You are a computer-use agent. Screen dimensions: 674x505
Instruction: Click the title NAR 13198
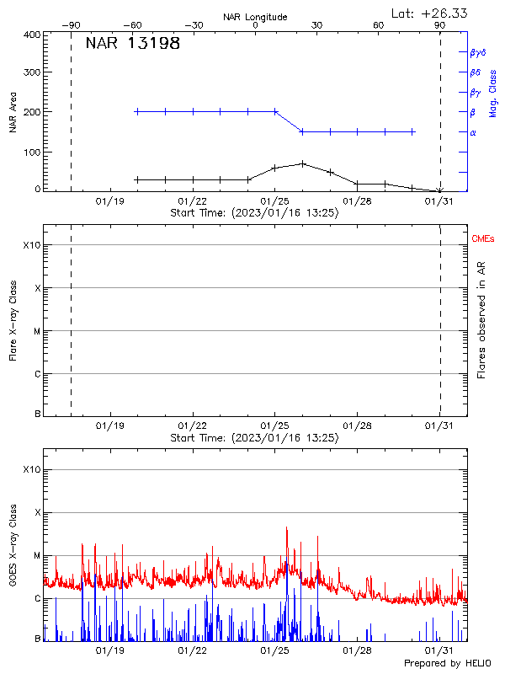click(x=133, y=44)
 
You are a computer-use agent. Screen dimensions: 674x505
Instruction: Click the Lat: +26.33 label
click(x=430, y=13)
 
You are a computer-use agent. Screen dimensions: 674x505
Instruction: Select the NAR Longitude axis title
click(x=255, y=17)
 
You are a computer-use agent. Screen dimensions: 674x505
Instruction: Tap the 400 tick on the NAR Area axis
click(x=33, y=35)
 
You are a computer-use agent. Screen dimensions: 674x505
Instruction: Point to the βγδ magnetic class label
click(x=477, y=52)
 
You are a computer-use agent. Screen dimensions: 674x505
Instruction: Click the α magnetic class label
click(x=472, y=132)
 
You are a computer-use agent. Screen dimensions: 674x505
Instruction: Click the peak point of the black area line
click(x=303, y=163)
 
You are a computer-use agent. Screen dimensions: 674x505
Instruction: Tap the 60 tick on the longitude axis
click(x=379, y=25)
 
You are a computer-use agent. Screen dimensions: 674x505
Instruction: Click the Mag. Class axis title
click(x=492, y=93)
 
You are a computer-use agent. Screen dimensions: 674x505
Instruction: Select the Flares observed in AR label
click(x=481, y=320)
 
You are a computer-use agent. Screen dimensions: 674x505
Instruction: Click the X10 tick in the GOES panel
click(x=32, y=469)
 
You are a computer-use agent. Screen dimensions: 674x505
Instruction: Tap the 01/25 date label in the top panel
click(x=275, y=202)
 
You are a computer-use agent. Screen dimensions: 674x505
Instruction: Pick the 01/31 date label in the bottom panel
click(x=439, y=650)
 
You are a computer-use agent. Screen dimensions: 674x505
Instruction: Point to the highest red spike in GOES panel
click(x=287, y=528)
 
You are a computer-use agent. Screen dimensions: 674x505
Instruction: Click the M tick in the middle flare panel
click(x=37, y=331)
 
